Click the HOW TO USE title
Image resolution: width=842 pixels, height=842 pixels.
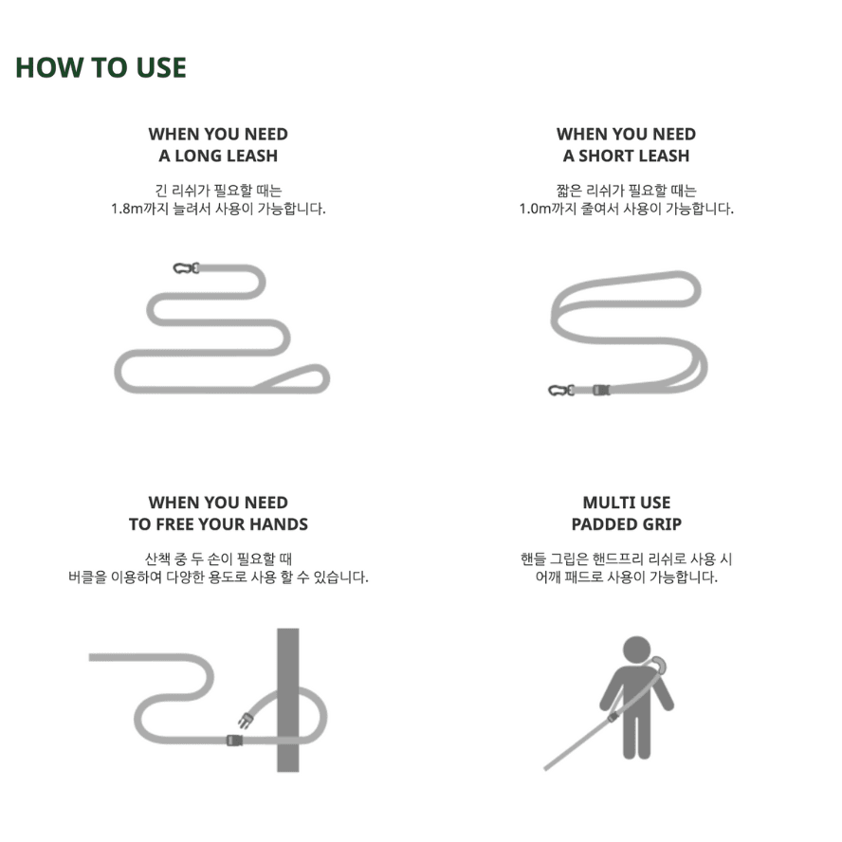[x=101, y=67]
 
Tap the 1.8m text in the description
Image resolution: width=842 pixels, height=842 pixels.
[x=127, y=209]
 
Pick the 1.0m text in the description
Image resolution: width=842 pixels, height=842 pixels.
[x=535, y=209]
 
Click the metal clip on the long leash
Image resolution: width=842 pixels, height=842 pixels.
[x=186, y=268]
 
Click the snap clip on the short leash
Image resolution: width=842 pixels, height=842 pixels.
[x=561, y=391]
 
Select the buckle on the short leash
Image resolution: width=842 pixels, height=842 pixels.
[x=601, y=390]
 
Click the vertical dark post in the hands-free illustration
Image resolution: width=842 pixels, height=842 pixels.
[x=288, y=700]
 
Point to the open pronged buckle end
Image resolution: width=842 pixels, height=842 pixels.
[x=246, y=720]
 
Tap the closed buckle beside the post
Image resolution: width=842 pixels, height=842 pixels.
[x=234, y=741]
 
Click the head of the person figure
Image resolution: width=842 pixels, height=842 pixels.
[x=637, y=650]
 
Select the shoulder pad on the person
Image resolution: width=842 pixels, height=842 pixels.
[x=659, y=665]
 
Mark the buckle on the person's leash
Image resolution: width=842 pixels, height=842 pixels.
[x=613, y=717]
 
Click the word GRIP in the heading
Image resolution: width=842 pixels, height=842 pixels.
[x=663, y=524]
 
